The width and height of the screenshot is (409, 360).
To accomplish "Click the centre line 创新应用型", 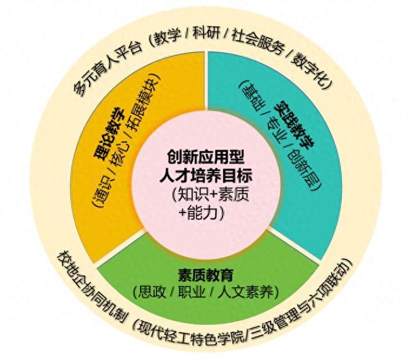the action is click(204, 156).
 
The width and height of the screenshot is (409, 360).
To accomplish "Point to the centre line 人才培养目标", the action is click(204, 174).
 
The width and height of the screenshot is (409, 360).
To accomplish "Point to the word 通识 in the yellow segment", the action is click(104, 191).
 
